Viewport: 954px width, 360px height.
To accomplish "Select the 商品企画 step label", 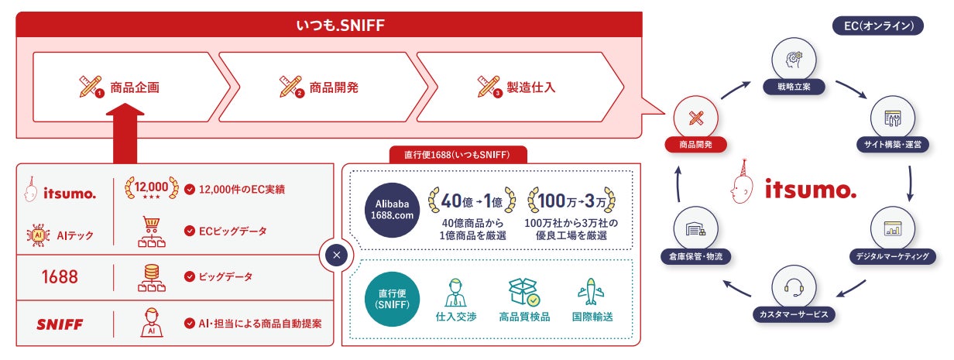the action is click(135, 87).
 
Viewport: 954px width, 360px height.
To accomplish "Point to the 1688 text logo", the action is click(60, 276).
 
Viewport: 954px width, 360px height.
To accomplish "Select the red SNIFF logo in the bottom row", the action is click(60, 324).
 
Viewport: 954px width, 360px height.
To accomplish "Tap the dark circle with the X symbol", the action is click(335, 255).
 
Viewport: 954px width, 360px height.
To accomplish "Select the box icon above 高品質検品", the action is click(523, 291).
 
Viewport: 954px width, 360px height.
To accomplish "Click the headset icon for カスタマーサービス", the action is click(792, 286).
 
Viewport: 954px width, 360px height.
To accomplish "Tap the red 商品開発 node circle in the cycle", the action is click(695, 118).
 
